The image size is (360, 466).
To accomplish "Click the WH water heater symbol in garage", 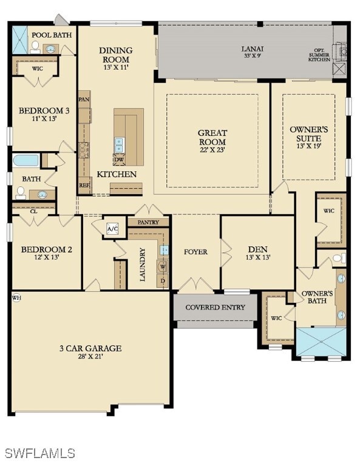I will pos(16,298).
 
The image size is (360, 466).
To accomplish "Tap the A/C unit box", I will pos(113,229).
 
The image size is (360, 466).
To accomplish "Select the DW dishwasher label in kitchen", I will pos(119,160).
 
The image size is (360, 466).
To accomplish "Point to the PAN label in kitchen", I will pos(84,99).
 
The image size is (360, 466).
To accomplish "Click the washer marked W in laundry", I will pos(163,265).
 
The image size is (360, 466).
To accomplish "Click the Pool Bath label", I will pos(52,35).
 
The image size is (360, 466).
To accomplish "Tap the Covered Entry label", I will pos(215,307).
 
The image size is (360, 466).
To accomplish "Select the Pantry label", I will pos(148,223).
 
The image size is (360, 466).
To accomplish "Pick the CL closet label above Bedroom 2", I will pos(33,211).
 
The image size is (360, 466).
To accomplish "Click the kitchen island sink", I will pos(119,144).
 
